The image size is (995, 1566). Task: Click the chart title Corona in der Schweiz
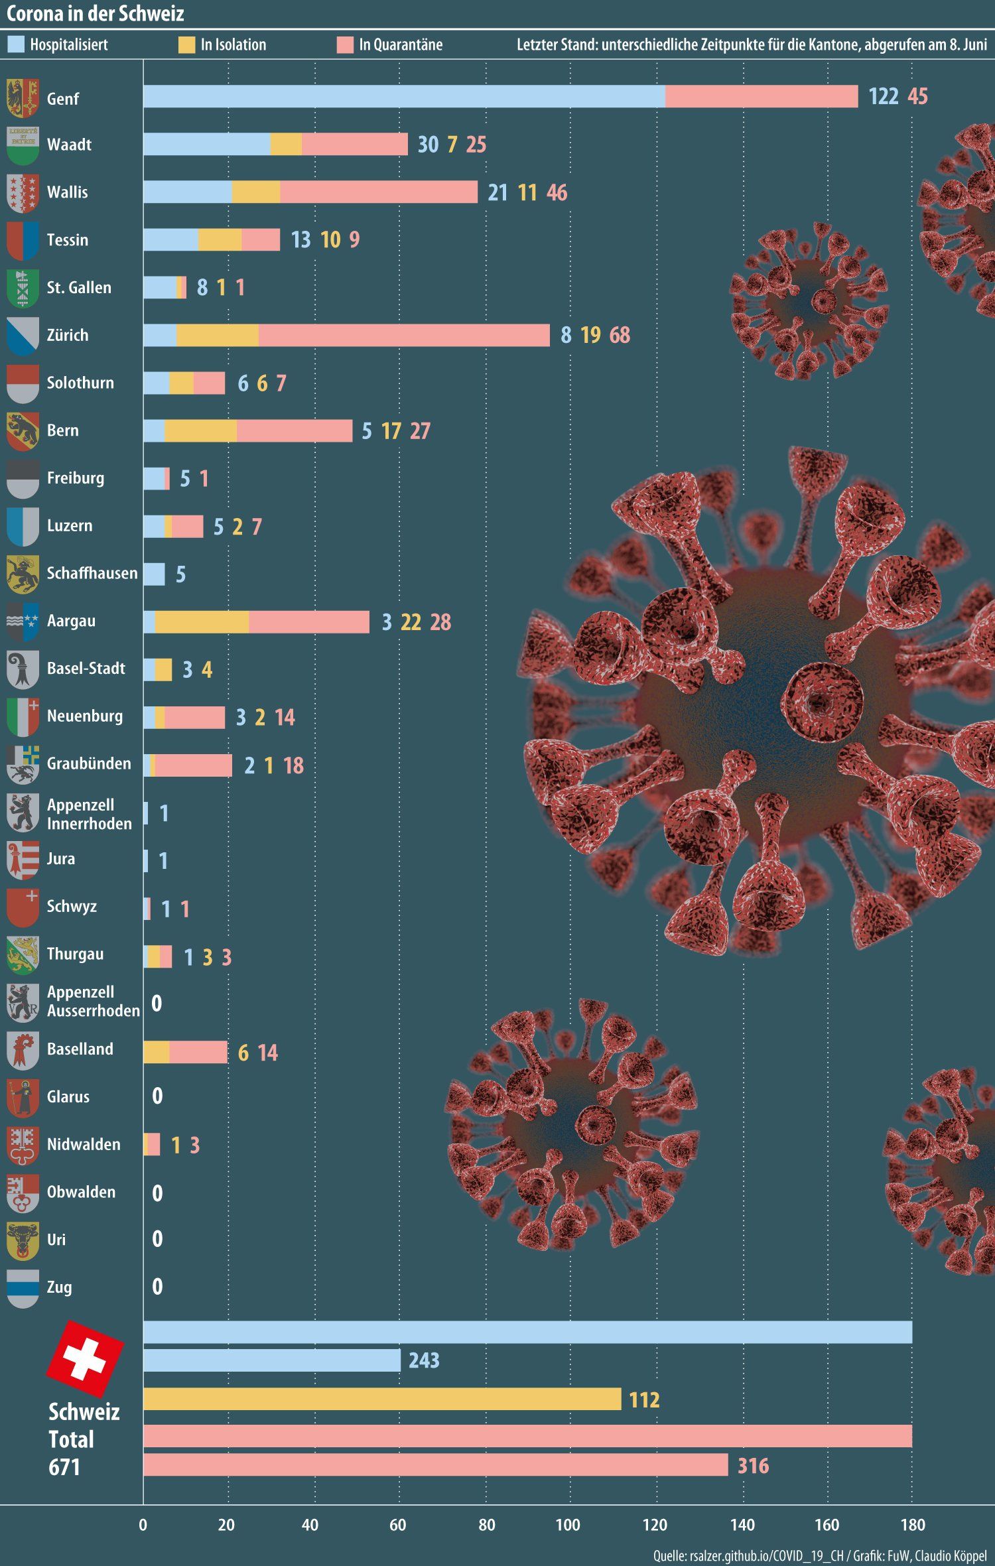(x=95, y=13)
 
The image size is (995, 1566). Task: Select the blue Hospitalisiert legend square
(x=15, y=44)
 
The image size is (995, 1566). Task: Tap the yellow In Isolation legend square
(x=186, y=44)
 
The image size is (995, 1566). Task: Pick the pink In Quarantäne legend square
(x=345, y=44)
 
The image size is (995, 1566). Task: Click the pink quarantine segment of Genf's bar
(x=761, y=96)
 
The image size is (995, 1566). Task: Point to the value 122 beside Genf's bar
(x=883, y=96)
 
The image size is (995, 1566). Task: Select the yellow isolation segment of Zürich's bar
(x=218, y=335)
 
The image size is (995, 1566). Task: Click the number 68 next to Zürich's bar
(x=620, y=335)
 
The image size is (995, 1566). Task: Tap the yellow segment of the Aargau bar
(x=202, y=621)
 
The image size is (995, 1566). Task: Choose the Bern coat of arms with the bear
(x=23, y=431)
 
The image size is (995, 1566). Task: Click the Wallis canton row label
(x=67, y=192)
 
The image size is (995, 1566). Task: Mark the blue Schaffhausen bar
(x=154, y=574)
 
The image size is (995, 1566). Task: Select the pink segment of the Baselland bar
(x=198, y=1052)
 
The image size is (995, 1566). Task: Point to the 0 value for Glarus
(x=157, y=1096)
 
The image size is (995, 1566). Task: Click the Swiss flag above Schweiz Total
(x=85, y=1359)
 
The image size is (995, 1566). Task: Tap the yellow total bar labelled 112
(x=381, y=1399)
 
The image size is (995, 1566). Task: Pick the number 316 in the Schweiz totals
(x=753, y=1465)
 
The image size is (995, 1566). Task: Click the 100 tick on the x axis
(x=568, y=1525)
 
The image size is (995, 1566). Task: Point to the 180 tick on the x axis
(x=913, y=1525)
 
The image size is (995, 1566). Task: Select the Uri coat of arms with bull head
(x=23, y=1240)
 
